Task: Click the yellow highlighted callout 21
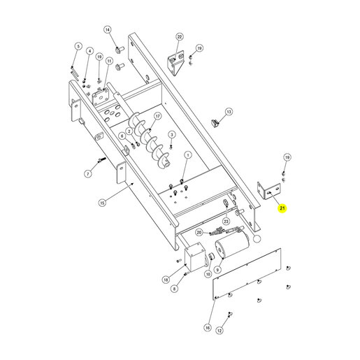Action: coord(282,208)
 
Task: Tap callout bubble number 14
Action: coord(108,29)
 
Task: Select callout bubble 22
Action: coord(180,36)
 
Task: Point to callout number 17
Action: coord(158,116)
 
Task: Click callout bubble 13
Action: coord(229,112)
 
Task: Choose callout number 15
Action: coord(102,203)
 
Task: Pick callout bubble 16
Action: coord(208,328)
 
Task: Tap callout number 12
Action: coord(219,330)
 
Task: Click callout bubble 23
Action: coord(226,221)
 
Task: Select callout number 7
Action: coord(88,173)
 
